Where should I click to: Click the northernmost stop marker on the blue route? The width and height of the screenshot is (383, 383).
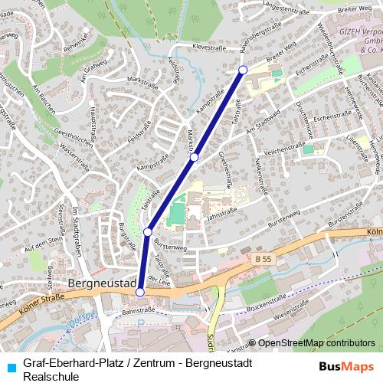click(243, 70)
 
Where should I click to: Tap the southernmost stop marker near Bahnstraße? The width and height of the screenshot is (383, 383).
click(139, 292)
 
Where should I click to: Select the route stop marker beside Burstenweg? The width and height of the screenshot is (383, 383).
click(148, 231)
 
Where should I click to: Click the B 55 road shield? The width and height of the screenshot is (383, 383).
click(263, 260)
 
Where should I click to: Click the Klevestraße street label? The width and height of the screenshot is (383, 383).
click(216, 47)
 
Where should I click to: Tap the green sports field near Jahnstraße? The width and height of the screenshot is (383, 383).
click(177, 211)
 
